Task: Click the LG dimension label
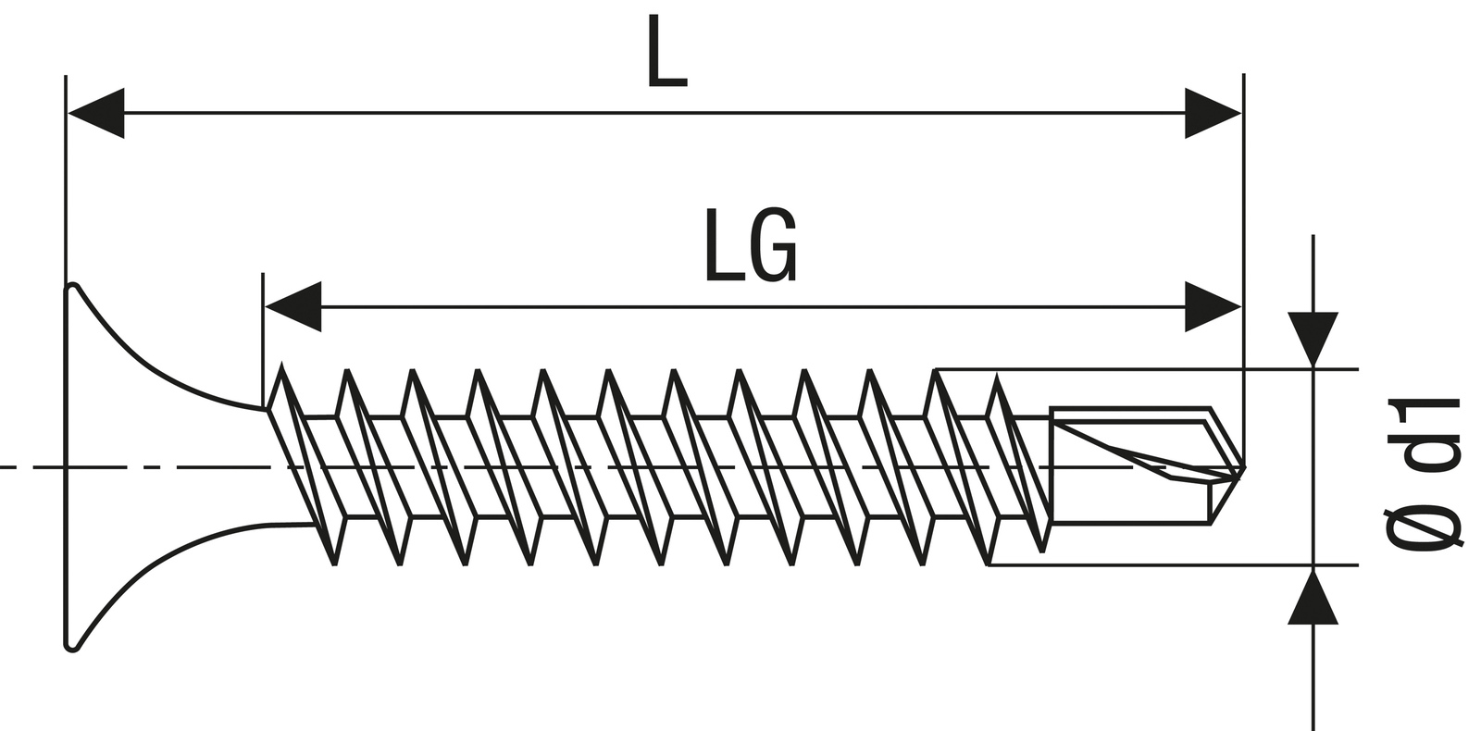coord(750,245)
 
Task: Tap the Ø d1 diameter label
coord(1425,474)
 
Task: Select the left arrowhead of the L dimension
coord(95,114)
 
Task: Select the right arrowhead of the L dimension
coord(1213,114)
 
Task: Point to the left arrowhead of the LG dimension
coord(292,306)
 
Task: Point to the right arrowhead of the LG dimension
coord(1213,306)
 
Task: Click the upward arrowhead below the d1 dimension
coord(1313,597)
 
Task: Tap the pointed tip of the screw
coord(1243,468)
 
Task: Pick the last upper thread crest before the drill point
coord(998,377)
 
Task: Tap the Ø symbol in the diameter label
coord(1425,527)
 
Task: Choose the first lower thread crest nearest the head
coord(335,562)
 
